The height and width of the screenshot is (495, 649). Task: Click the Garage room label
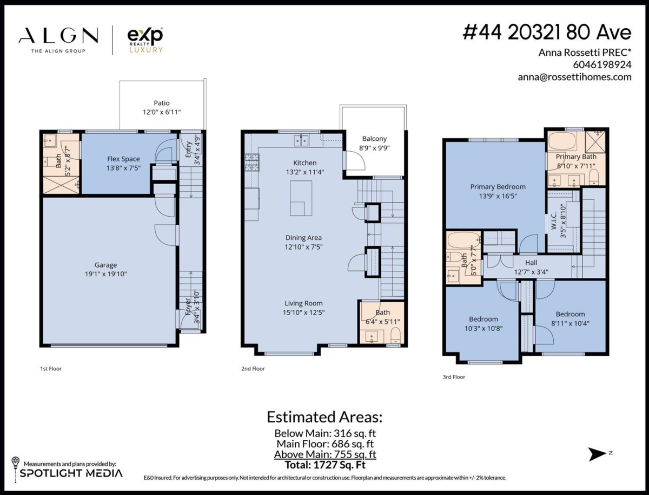click(106, 265)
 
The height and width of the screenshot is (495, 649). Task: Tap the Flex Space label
click(123, 159)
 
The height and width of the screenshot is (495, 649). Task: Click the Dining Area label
click(304, 237)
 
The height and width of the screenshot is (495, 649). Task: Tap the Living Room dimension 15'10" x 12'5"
click(304, 312)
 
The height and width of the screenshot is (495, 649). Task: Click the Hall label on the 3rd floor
click(531, 263)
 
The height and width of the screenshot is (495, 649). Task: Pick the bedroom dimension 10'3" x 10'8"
click(484, 328)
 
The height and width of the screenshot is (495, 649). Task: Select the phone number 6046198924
click(601, 64)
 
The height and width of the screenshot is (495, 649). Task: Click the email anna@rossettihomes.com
click(574, 77)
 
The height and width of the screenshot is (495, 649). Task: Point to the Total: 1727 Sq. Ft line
click(325, 464)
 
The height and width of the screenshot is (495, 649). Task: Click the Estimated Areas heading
click(325, 417)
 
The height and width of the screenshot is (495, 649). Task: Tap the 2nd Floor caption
click(253, 369)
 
